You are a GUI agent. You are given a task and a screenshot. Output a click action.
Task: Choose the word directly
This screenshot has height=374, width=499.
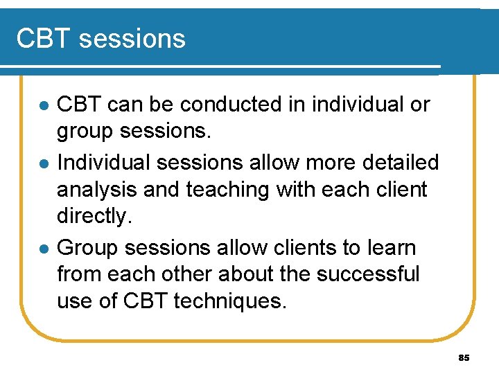[x=94, y=216]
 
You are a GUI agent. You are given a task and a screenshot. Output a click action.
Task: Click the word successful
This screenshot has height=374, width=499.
[x=368, y=274]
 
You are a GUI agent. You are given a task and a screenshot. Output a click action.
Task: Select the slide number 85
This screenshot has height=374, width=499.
[x=464, y=358]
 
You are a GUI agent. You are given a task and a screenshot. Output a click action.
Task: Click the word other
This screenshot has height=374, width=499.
[x=180, y=274]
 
